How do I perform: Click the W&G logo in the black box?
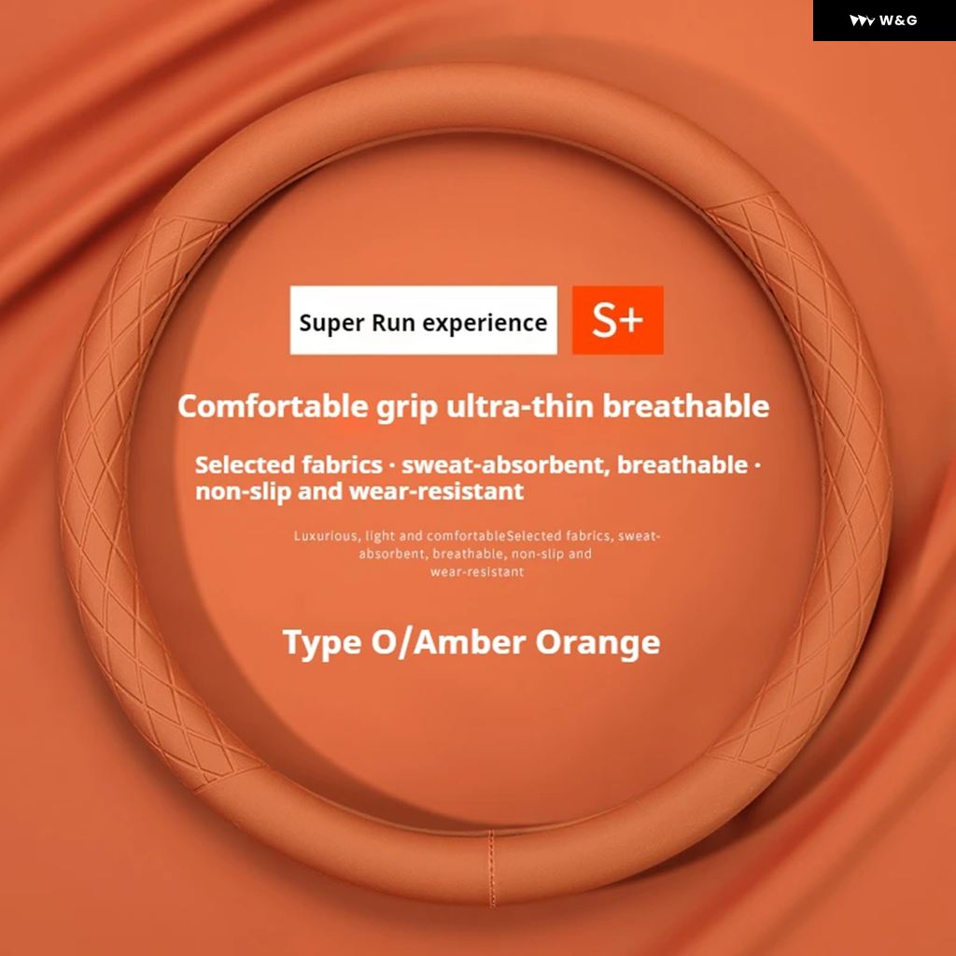(x=883, y=21)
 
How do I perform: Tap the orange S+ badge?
(x=617, y=319)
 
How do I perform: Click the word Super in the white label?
(x=331, y=323)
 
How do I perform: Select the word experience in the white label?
(x=485, y=323)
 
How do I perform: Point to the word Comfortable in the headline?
(x=273, y=406)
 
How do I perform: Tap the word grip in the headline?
(x=407, y=409)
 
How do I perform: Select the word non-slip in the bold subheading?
(x=243, y=491)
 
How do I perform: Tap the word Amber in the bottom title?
(x=471, y=642)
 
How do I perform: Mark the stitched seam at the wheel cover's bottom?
(x=491, y=867)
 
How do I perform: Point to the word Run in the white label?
(x=393, y=323)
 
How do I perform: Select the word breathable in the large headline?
(x=686, y=406)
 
